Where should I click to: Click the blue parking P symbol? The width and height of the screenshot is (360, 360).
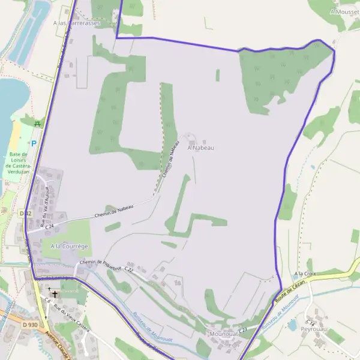[34, 143]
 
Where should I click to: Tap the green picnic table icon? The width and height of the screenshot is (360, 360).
[38, 124]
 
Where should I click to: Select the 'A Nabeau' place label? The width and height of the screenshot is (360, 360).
[200, 147]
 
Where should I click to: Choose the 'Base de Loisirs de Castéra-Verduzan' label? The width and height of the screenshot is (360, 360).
[22, 163]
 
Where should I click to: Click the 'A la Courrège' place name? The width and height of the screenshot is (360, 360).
[69, 246]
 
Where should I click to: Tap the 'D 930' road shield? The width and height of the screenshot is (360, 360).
[30, 325]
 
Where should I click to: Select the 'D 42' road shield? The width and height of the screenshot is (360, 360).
[25, 213]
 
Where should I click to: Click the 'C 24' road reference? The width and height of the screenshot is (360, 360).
[49, 226]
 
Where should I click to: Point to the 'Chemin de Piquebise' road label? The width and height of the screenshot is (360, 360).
[101, 262]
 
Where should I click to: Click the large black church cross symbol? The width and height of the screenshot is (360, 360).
[55, 295]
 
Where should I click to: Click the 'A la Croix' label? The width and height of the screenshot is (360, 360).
[305, 274]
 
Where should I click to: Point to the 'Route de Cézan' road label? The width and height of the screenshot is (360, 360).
[291, 291]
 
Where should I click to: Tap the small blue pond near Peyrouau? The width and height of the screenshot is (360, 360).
[292, 325]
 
